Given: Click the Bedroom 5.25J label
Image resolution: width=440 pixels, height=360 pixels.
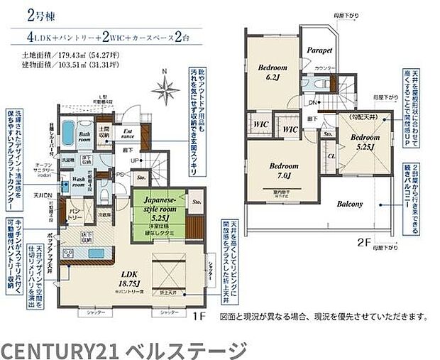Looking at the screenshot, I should [x=363, y=141].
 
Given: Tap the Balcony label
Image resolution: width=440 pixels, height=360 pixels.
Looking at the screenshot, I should [x=348, y=204].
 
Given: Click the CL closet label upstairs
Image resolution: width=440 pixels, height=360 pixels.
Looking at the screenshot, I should [x=331, y=156].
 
